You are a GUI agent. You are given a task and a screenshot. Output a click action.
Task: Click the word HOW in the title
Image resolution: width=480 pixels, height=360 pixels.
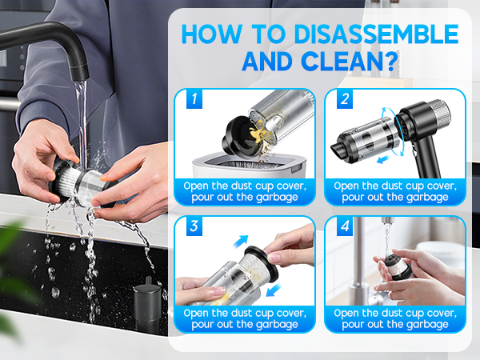[x=211, y=34]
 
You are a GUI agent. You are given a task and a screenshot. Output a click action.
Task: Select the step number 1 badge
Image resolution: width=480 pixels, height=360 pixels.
[x=192, y=100]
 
